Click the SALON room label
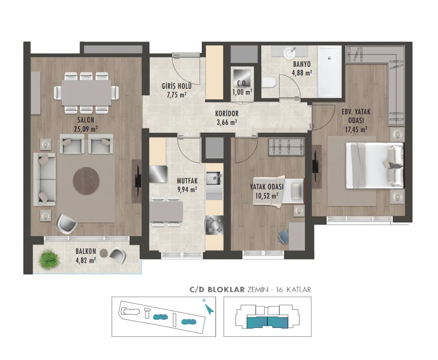tap(86, 120)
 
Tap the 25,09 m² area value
tap(86, 129)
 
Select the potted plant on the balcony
tap(49, 259)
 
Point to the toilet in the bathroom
tap(269, 83)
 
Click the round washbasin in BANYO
tap(290, 52)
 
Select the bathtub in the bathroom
tap(330, 71)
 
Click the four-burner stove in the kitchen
tap(214, 226)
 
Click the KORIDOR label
tap(227, 113)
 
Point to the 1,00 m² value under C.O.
tap(242, 92)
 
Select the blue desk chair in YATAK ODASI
tap(283, 236)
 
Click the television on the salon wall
tap(138, 180)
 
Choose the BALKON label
tap(86, 251)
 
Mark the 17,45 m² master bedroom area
tap(356, 129)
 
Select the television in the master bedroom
tap(315, 166)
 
